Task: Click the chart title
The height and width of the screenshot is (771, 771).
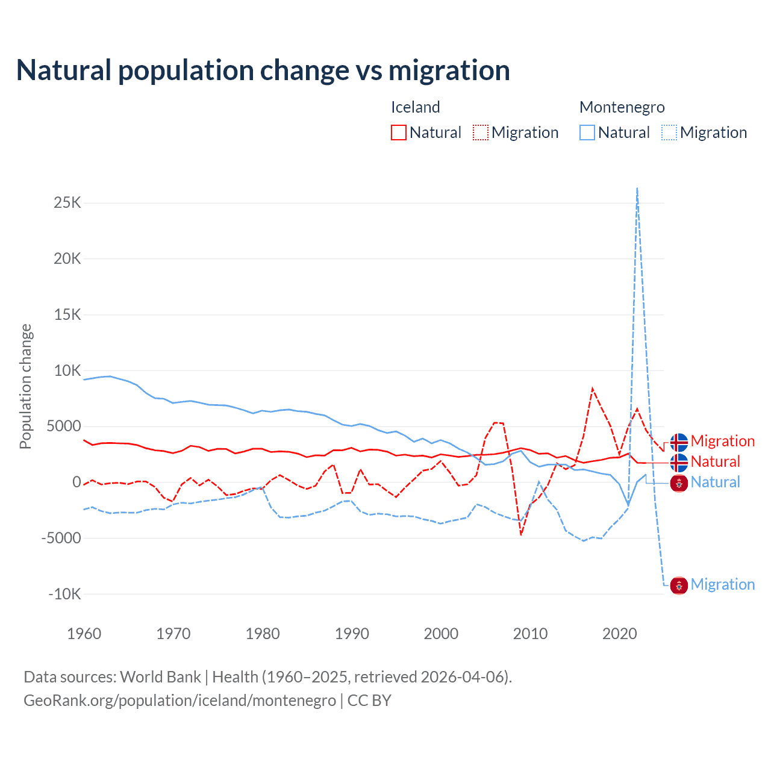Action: coord(263,70)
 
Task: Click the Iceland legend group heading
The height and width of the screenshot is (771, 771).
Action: coord(415,107)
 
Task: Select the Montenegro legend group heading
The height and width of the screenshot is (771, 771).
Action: coord(622,107)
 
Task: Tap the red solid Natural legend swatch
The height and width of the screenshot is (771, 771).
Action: coord(399,133)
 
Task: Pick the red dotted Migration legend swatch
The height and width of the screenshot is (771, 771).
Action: coord(481,133)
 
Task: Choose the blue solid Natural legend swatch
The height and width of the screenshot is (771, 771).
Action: coord(587,133)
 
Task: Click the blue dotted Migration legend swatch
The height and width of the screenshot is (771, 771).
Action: coord(669,133)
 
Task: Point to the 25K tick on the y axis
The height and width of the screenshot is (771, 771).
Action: coord(67,202)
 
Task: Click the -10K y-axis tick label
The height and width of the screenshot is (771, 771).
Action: coord(64,594)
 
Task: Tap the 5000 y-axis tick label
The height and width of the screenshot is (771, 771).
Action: coord(64,426)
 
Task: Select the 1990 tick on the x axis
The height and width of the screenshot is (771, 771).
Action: coord(352,634)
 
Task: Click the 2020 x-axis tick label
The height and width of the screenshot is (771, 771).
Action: coord(620,634)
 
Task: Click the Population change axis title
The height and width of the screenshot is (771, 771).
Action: coord(25,386)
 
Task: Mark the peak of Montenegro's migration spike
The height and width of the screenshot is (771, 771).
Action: coord(637,189)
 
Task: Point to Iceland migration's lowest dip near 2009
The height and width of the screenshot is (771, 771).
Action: coord(521,534)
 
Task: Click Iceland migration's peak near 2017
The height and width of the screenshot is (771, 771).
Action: coord(593,389)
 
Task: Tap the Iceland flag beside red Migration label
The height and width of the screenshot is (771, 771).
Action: coord(679,442)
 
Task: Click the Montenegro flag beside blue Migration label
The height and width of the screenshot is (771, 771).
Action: coord(679,585)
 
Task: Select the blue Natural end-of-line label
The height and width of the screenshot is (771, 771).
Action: coord(715,482)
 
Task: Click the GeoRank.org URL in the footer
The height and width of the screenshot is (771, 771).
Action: coord(179,701)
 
